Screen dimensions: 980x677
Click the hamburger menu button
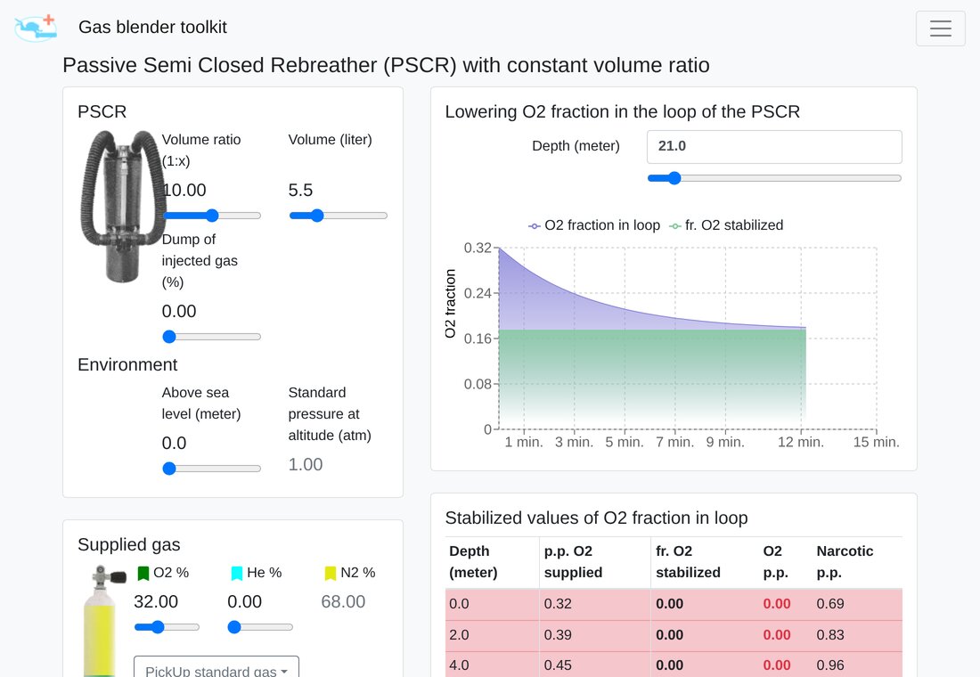point(940,29)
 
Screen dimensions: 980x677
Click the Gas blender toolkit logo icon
point(36,29)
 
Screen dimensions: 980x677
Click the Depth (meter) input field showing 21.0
point(774,146)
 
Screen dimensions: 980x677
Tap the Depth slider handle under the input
point(674,178)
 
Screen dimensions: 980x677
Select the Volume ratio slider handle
point(213,216)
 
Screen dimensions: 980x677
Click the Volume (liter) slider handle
point(317,216)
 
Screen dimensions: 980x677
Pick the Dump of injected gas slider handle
point(169,337)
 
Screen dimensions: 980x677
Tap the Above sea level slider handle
point(169,469)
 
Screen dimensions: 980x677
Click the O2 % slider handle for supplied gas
point(158,627)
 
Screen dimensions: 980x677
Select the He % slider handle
point(234,627)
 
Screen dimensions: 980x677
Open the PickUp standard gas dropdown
point(216,667)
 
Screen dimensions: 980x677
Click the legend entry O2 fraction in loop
point(594,225)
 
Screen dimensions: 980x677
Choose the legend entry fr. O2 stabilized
point(726,225)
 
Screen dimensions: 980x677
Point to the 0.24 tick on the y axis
point(478,293)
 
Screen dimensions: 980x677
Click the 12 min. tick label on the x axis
point(801,442)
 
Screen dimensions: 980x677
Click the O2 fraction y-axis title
point(450,304)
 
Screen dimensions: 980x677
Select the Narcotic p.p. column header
point(845,562)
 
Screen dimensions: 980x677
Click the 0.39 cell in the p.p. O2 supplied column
point(558,634)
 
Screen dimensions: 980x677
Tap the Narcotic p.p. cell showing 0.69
point(830,604)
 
